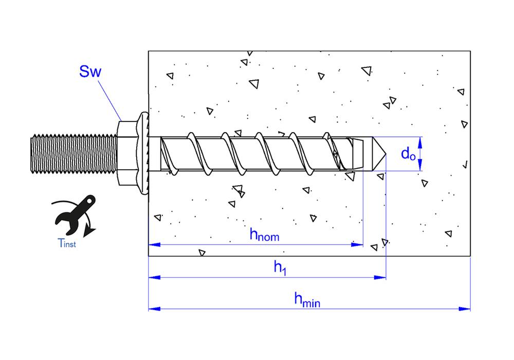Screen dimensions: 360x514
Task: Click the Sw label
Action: click(x=90, y=71)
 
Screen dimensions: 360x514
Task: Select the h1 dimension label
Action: click(x=280, y=267)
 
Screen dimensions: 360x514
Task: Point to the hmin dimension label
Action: click(x=307, y=299)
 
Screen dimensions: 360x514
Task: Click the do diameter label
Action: click(x=408, y=153)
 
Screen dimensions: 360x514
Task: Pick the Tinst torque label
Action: click(x=66, y=243)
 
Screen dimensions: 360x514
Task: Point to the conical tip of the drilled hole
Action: click(x=378, y=153)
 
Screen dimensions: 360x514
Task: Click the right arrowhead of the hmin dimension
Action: click(x=465, y=309)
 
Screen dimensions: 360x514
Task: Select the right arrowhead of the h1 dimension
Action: click(x=381, y=278)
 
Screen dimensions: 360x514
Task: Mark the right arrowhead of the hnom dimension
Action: click(x=358, y=245)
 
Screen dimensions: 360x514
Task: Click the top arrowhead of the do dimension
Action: click(x=420, y=140)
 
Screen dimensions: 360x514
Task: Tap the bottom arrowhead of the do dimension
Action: click(x=420, y=166)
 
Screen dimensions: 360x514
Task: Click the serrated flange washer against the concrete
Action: click(x=144, y=153)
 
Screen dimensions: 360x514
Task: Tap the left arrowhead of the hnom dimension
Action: click(x=154, y=245)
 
